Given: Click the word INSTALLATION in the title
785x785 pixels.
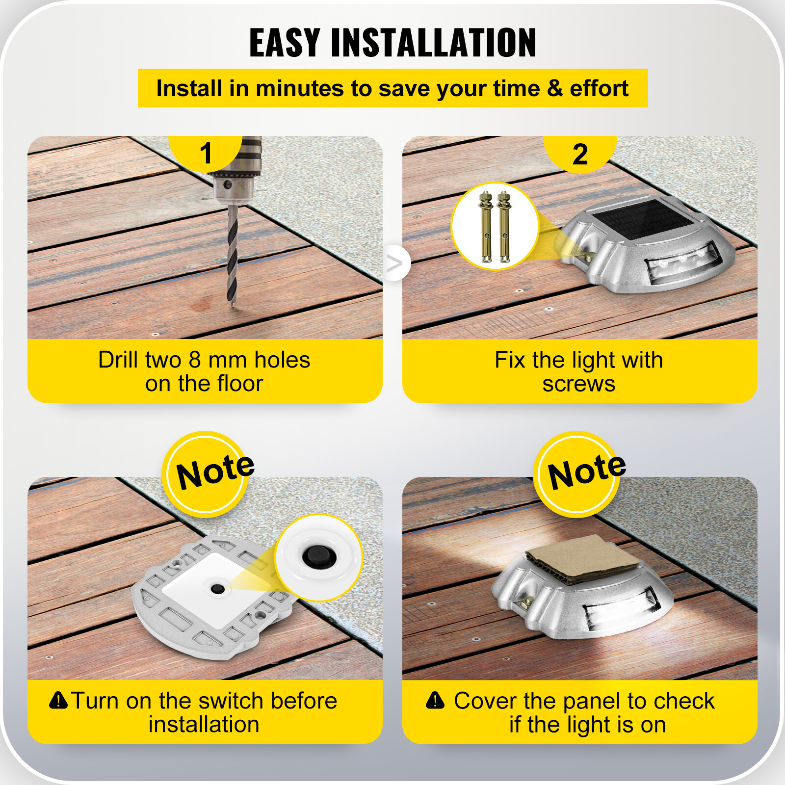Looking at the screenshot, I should point(434,43).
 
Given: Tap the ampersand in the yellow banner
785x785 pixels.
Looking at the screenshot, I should point(554,88).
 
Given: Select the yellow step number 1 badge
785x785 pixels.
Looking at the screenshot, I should point(206,153).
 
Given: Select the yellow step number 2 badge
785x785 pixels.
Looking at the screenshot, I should point(580,154).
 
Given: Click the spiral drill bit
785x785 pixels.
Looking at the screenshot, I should point(232,255).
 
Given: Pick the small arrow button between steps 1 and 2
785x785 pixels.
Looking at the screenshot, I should point(395,263).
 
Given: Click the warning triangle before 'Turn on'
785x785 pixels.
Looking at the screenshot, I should point(58,700).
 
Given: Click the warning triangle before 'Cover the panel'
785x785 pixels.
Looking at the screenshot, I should point(435,701).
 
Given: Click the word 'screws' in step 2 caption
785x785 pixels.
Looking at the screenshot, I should point(578,384).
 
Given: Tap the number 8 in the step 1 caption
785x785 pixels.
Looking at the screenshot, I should point(195,360).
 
